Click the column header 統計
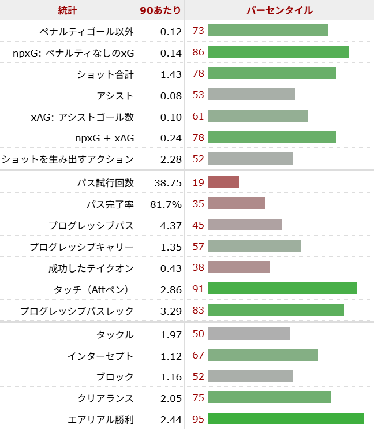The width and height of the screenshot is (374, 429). [x=68, y=10]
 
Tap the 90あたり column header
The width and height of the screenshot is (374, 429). [x=160, y=10]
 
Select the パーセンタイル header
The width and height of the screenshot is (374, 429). [x=279, y=10]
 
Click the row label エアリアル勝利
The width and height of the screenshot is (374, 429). [x=101, y=419]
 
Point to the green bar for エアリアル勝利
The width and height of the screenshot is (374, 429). [x=286, y=419]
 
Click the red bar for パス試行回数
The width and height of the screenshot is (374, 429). [x=223, y=182]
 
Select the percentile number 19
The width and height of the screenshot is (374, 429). [x=199, y=182]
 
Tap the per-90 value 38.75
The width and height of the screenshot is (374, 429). [x=168, y=183]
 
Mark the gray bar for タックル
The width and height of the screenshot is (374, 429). [x=249, y=334]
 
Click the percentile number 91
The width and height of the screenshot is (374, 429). [x=199, y=289]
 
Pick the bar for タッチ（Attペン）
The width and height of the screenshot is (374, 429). [x=282, y=289]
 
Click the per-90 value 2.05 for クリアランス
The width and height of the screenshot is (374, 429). [x=171, y=398]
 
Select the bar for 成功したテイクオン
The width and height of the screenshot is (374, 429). [x=239, y=267]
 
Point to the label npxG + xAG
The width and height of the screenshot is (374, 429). [x=104, y=137]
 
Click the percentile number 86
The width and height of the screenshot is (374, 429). [x=199, y=52]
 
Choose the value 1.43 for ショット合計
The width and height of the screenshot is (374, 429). [x=171, y=74]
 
